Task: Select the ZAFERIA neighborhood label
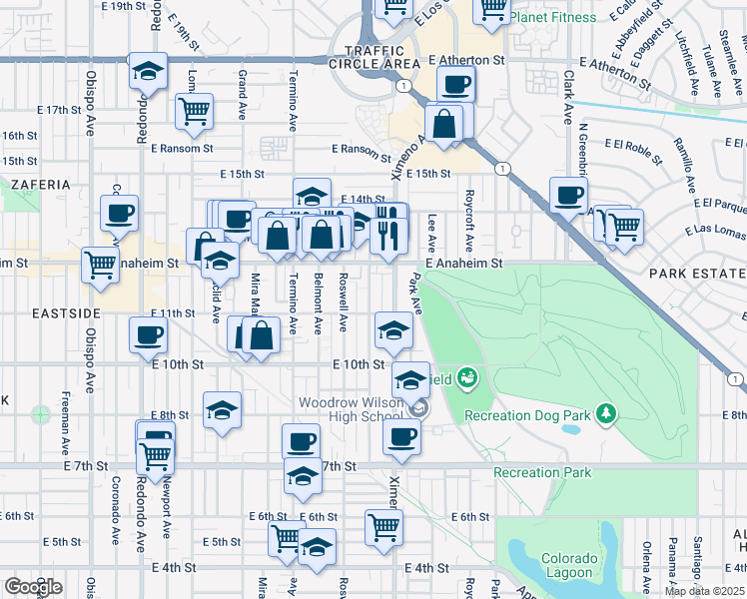click(41, 185)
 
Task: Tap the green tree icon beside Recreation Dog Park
click(604, 412)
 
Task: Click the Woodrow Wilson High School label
click(352, 409)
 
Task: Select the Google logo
click(33, 586)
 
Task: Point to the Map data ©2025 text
click(704, 591)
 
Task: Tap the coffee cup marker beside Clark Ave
click(568, 195)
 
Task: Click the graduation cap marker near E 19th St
click(148, 73)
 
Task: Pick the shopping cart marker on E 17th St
click(194, 110)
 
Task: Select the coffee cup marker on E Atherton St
click(455, 86)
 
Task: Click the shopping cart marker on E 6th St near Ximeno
click(383, 526)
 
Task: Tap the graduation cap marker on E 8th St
click(222, 409)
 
